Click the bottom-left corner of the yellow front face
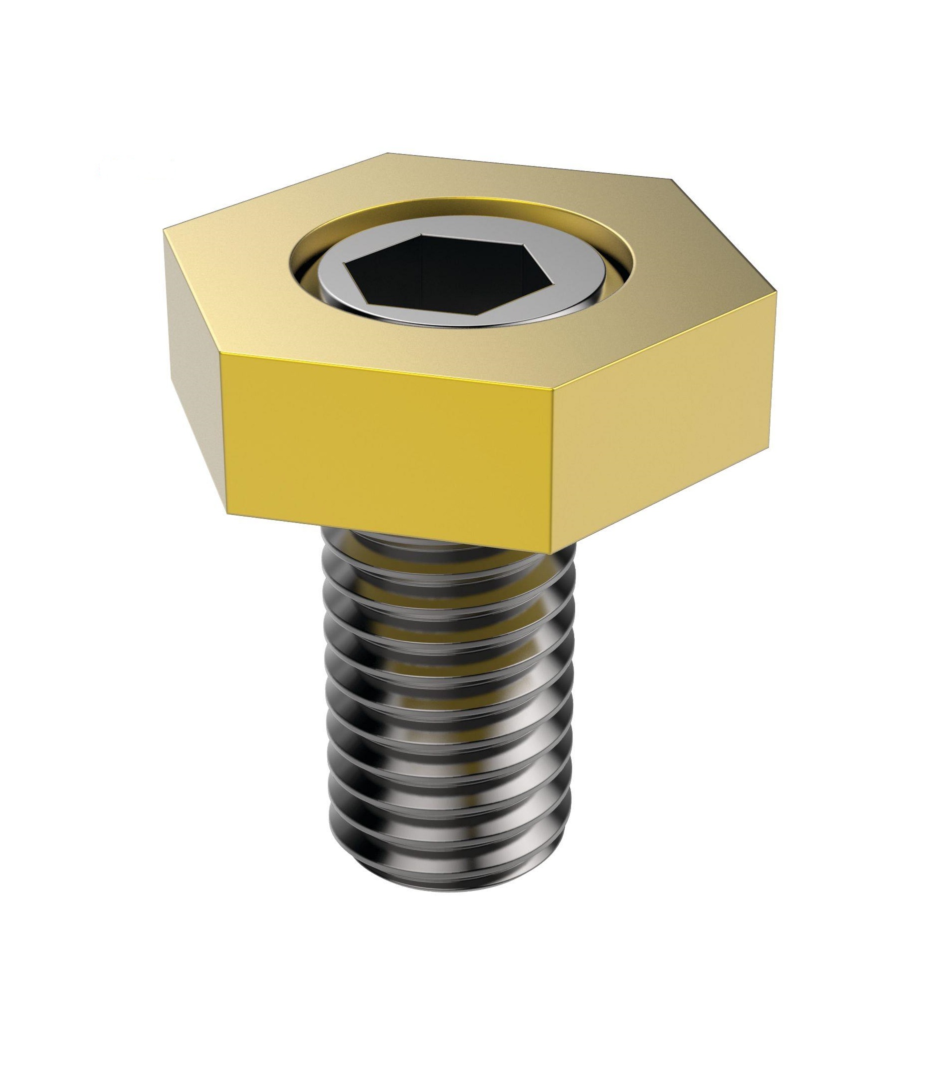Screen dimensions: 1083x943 (x=230, y=513)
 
